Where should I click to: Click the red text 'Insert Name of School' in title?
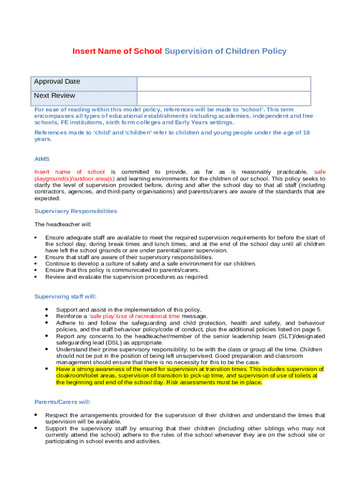click(117, 51)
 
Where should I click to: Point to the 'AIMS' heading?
click(42, 159)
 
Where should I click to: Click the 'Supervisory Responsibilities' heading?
click(76, 211)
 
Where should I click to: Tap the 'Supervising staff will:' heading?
click(66, 297)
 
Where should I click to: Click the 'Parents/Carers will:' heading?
click(63, 402)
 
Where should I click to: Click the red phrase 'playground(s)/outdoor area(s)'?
click(74, 179)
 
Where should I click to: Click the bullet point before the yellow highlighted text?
click(47, 369)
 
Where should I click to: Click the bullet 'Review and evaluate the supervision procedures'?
click(127, 277)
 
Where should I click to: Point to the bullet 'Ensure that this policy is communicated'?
click(122, 270)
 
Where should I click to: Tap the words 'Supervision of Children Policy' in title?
click(225, 51)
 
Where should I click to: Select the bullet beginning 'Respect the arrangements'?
click(185, 415)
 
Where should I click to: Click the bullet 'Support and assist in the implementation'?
click(129, 310)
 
